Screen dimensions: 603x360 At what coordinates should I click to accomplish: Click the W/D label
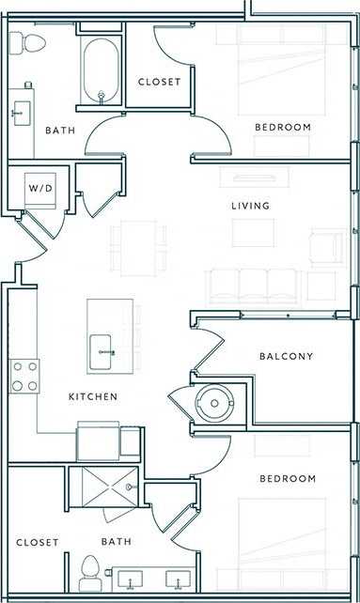(40, 189)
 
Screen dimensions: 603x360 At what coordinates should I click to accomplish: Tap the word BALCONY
(286, 357)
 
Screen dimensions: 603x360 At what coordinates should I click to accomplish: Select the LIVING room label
(251, 206)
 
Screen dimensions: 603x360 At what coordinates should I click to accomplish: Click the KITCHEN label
(93, 397)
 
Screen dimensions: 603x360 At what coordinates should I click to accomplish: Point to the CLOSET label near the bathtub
(159, 83)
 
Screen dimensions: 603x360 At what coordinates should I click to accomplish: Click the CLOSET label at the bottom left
(38, 543)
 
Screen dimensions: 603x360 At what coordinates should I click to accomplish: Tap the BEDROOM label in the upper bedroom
(283, 128)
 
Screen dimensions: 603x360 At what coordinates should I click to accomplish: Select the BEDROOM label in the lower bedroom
(288, 479)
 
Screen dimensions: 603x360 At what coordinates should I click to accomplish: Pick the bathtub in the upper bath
(101, 70)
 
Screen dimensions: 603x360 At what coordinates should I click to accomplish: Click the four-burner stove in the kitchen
(25, 376)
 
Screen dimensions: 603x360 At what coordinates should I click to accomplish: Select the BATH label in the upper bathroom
(60, 130)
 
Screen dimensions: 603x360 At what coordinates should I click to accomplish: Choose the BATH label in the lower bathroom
(117, 542)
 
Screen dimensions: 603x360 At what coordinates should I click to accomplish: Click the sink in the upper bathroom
(21, 115)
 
